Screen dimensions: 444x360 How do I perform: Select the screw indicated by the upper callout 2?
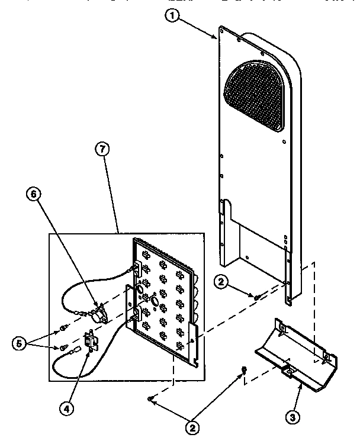[256, 295]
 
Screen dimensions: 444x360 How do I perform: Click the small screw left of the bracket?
[243, 369]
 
